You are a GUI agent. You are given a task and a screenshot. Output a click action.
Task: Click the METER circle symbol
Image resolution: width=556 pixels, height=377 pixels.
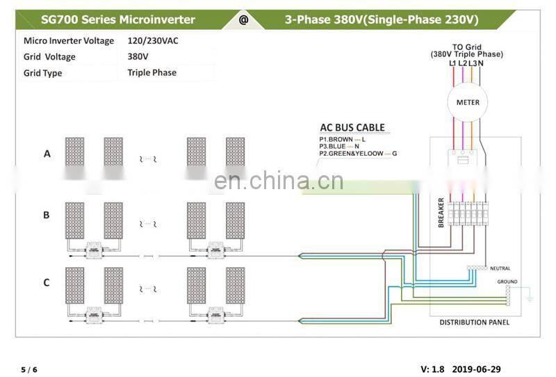coord(467,102)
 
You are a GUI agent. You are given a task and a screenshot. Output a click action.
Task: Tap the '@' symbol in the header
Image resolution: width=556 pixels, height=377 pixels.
coord(243,19)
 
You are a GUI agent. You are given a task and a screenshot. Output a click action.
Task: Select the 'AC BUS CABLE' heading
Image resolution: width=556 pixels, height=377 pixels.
coord(352,127)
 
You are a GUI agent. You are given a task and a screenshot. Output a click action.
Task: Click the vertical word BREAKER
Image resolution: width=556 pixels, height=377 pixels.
coord(441,212)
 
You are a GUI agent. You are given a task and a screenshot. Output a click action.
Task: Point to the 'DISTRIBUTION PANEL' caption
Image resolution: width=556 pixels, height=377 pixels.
coord(475,322)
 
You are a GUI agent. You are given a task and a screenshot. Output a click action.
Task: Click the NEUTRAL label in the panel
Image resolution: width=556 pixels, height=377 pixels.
coord(500,268)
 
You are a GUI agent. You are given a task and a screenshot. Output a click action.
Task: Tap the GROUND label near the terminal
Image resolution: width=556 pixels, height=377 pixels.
coord(507,282)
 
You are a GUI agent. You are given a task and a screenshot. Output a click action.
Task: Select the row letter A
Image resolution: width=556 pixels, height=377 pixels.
coord(47,154)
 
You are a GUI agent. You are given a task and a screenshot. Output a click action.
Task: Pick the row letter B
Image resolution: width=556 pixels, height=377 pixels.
coord(47,215)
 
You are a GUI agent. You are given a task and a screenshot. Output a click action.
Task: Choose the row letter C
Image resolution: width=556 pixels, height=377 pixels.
coord(47,282)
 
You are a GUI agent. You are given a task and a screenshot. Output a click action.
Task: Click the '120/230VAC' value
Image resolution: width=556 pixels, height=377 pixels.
coord(153,41)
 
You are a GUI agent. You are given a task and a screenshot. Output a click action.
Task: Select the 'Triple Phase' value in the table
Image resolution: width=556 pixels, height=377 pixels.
coord(152,72)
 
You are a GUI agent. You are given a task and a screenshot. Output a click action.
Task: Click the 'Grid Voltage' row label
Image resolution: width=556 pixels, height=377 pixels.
coord(49,57)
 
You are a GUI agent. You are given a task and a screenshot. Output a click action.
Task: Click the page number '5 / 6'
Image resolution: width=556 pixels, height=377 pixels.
coord(29,369)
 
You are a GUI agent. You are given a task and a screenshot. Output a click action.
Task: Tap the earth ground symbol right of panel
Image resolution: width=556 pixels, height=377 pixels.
coord(529,298)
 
